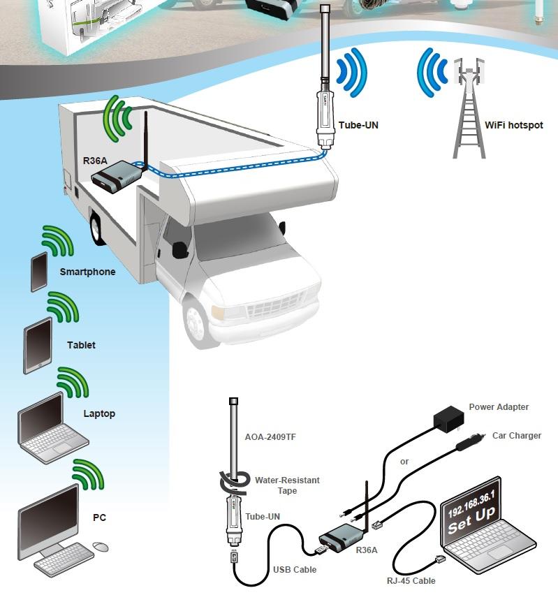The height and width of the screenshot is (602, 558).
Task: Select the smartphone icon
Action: (x=39, y=271)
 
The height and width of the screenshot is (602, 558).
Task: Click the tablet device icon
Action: (x=38, y=345)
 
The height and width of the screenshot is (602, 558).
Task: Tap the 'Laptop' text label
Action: (x=99, y=413)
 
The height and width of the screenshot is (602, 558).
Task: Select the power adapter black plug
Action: (x=446, y=420)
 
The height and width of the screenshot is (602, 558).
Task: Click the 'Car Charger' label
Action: (x=517, y=436)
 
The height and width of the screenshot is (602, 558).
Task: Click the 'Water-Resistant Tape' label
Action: (x=287, y=485)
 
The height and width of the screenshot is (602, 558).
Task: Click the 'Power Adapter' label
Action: (x=499, y=406)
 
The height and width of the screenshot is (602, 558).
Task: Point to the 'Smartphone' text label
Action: (x=87, y=272)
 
